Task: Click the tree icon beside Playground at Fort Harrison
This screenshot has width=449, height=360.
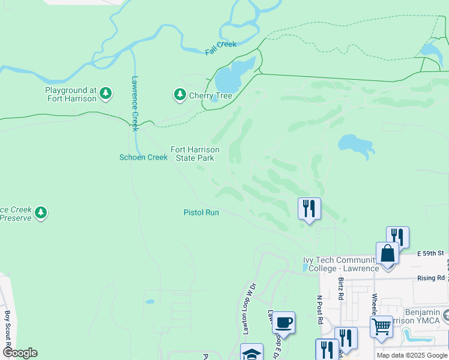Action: (106, 93)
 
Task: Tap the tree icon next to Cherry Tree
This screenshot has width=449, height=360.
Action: (179, 95)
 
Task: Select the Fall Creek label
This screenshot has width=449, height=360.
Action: (221, 49)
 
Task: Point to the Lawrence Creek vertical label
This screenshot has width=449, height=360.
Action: (135, 103)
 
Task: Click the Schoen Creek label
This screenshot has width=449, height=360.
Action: (143, 157)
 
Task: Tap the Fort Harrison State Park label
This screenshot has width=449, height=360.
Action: (194, 154)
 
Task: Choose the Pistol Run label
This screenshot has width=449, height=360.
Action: (201, 212)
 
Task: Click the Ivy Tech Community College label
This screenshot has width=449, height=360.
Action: (341, 264)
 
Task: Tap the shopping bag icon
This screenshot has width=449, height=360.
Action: (388, 253)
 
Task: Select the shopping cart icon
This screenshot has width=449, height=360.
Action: (381, 327)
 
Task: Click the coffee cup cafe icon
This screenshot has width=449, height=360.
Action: (283, 323)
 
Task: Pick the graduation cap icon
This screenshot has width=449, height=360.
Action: (252, 353)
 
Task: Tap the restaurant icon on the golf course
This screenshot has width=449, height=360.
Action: (309, 208)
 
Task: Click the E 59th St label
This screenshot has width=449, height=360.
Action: (431, 254)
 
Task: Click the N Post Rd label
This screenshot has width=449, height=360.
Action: (319, 306)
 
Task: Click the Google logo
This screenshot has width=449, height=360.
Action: (20, 352)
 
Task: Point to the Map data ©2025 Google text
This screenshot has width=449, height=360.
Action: (412, 355)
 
